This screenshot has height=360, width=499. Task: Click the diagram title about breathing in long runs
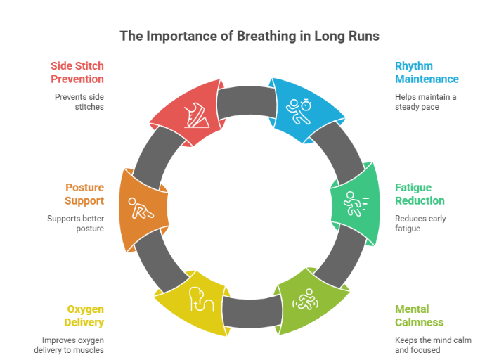pos(249,35)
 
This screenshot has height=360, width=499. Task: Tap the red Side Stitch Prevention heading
pos(77,72)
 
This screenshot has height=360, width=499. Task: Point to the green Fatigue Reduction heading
pos(420,194)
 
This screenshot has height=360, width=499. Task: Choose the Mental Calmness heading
pos(420,315)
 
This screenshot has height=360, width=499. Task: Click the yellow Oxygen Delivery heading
pos(85,315)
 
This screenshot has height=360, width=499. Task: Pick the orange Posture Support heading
pos(85,194)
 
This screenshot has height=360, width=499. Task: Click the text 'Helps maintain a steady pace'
pos(425,101)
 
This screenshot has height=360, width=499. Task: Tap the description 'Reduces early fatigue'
pos(420,223)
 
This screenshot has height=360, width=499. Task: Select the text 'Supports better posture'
pos(76,223)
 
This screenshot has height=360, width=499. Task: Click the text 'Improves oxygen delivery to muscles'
pos(72,345)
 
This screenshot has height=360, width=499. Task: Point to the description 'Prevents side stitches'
pos(79,101)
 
